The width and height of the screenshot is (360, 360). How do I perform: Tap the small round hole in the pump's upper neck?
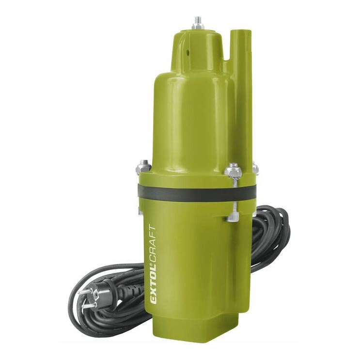188,52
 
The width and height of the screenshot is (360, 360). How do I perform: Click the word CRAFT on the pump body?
153,245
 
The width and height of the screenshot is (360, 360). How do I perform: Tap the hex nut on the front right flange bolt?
233,170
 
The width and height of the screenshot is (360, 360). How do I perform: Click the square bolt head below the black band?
233,217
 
